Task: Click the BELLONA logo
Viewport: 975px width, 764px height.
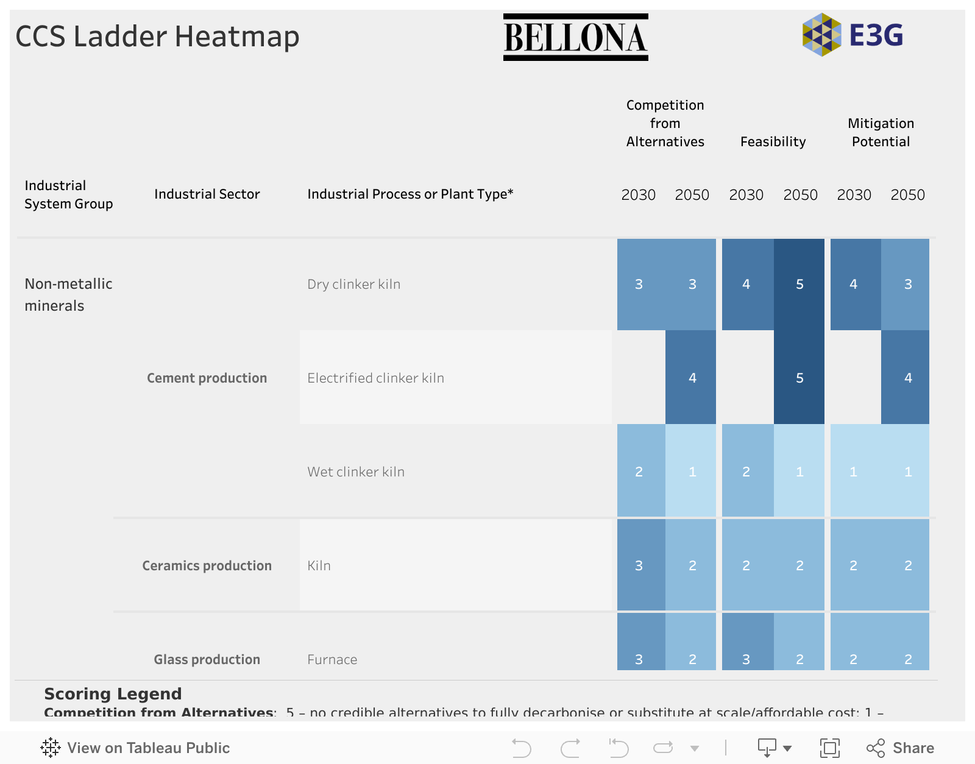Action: [575, 37]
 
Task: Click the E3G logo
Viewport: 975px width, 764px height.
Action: [853, 35]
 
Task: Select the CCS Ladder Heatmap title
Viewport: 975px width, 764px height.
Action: [157, 37]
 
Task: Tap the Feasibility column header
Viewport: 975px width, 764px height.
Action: [773, 142]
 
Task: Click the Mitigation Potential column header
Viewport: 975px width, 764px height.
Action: [881, 133]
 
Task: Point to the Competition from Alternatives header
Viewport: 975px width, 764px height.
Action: [665, 124]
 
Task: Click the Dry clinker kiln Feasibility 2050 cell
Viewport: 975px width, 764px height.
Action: [799, 285]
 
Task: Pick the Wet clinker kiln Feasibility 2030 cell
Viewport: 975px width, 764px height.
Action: [747, 472]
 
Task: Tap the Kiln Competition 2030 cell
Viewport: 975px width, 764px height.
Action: [640, 565]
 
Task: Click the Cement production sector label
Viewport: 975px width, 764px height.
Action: [207, 378]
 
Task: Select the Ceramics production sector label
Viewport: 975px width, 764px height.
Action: [207, 566]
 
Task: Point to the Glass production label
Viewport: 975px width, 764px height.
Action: [207, 660]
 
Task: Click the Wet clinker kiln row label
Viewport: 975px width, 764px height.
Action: [356, 472]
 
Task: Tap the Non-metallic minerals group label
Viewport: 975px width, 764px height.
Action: [68, 295]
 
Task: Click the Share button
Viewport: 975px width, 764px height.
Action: [901, 748]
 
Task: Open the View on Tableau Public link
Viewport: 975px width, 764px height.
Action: [135, 748]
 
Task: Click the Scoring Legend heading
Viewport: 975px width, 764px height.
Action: [113, 694]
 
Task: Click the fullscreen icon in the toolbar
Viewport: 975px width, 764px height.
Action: [829, 748]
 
